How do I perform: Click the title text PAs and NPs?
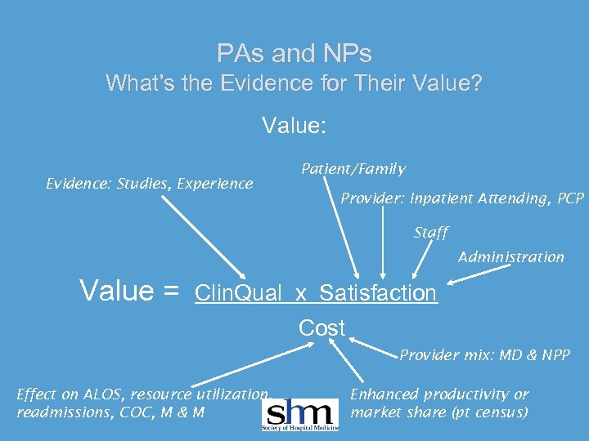[x=294, y=54]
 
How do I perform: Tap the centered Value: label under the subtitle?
[x=294, y=126]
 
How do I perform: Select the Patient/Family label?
[x=353, y=169]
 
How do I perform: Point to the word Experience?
[x=217, y=183]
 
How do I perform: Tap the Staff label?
[x=430, y=233]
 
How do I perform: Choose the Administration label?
[x=510, y=257]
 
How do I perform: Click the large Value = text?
[x=128, y=291]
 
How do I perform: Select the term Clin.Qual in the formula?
[x=238, y=293]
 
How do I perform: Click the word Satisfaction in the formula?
[x=378, y=293]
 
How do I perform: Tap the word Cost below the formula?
[x=321, y=327]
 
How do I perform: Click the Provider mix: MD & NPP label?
[x=484, y=354]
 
